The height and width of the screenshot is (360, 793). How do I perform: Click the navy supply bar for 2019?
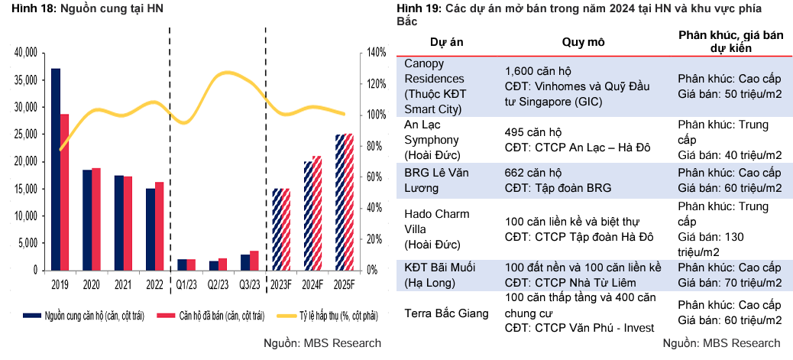56,169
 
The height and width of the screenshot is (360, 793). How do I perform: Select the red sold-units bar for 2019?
65,192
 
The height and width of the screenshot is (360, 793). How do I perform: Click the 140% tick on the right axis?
377,53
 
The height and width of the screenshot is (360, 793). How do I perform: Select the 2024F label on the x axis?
312,285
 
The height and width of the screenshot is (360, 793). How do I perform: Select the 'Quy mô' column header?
584,42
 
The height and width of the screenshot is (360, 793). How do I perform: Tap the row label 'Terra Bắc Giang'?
445,313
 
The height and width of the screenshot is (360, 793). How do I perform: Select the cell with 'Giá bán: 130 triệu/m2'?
710,245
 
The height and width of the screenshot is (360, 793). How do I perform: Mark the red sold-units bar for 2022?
159,225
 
